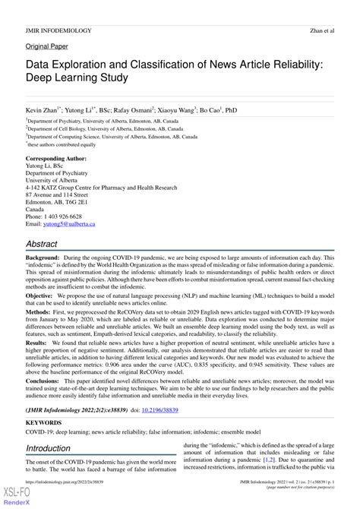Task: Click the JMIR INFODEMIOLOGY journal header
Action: (x=59, y=30)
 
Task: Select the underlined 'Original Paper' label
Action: (x=47, y=46)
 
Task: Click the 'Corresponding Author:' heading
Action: (x=58, y=159)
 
